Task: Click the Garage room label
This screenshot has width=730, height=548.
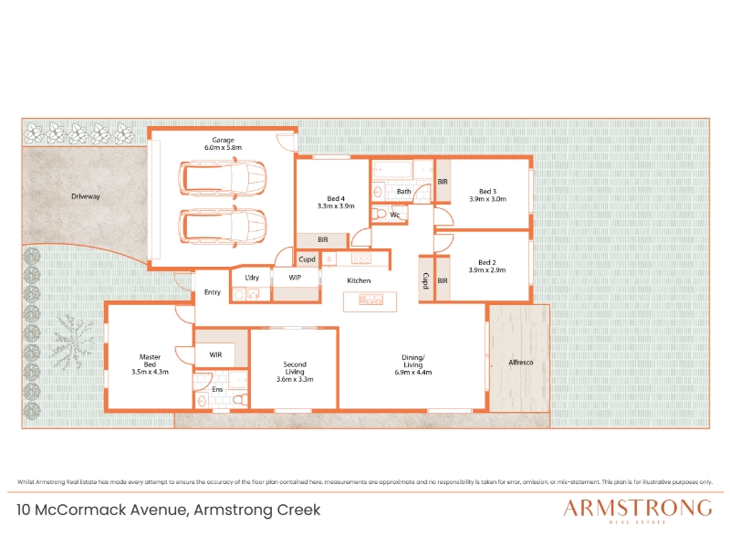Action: [223, 140]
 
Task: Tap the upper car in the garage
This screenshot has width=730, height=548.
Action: [223, 177]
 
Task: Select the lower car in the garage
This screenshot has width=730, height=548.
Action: [223, 227]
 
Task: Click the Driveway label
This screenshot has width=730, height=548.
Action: [86, 196]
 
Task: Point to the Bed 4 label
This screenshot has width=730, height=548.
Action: [336, 198]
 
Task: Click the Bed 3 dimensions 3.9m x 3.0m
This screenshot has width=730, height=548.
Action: [488, 199]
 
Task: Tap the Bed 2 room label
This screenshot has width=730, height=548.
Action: [487, 262]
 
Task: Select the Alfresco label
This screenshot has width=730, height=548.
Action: [520, 362]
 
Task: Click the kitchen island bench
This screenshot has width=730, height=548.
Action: [370, 301]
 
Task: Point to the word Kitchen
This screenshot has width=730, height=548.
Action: [359, 280]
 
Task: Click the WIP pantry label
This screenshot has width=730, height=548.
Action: [295, 278]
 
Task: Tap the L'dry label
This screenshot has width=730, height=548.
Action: [252, 278]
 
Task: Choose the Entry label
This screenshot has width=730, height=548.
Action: [213, 292]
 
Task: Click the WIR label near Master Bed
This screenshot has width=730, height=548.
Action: [215, 354]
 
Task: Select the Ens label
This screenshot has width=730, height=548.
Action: [217, 389]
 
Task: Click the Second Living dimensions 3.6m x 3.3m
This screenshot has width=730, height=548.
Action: [295, 379]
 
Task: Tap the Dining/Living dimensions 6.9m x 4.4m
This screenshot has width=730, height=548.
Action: [413, 373]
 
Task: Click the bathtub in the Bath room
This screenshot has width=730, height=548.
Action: [392, 169]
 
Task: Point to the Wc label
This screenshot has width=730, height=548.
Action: [395, 215]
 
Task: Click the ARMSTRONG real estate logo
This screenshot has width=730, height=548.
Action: [637, 511]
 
